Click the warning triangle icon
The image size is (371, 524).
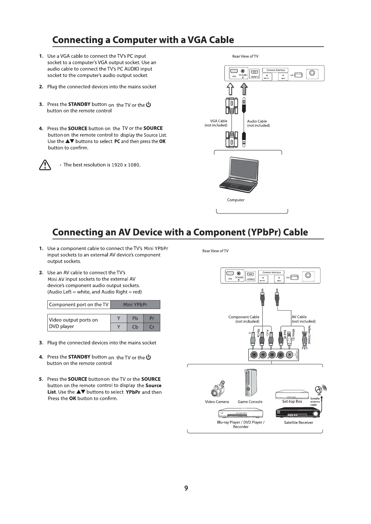45,165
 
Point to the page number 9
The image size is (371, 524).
186,488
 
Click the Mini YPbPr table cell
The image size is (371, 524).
135,305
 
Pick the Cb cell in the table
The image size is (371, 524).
135,327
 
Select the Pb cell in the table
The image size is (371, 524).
135,318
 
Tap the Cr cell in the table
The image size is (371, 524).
152,327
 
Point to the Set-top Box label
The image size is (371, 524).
292,401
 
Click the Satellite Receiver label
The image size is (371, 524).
298,423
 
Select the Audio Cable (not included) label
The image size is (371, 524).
258,124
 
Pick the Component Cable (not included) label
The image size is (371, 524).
244,319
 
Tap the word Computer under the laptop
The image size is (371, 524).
236,200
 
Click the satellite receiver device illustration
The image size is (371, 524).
298,414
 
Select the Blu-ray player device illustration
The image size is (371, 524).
241,414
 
